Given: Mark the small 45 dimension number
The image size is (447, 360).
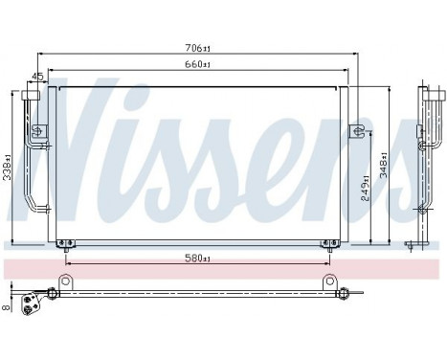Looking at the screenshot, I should pyautogui.click(x=37, y=78).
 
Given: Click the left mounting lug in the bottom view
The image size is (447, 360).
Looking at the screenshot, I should pyautogui.click(x=66, y=281).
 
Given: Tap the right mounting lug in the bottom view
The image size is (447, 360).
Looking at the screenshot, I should pyautogui.click(x=329, y=281).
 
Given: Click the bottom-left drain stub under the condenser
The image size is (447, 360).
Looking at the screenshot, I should pyautogui.click(x=63, y=241).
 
